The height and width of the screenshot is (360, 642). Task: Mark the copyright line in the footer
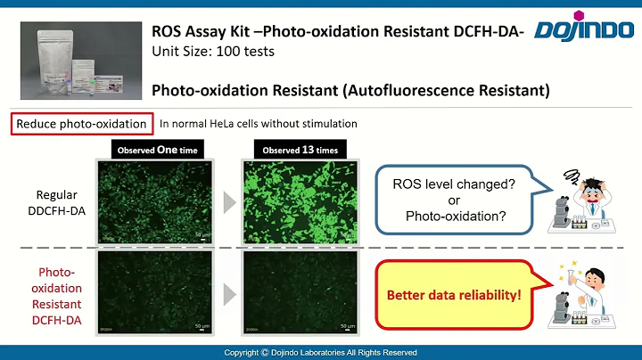tap(320, 353)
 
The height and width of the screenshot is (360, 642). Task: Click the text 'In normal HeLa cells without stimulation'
tap(258, 124)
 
